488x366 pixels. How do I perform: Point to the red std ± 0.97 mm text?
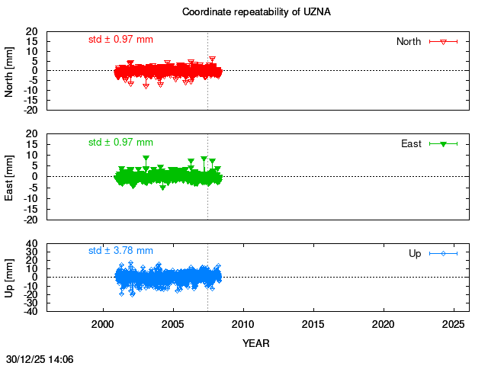click(x=120, y=39)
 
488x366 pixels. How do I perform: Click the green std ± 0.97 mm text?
click(x=120, y=142)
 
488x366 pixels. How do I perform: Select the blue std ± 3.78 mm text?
click(x=120, y=250)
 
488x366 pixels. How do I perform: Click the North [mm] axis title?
click(x=10, y=71)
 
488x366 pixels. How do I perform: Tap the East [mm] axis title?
click(x=10, y=176)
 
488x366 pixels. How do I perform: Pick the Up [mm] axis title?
click(x=10, y=277)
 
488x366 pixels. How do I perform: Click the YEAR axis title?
click(x=256, y=343)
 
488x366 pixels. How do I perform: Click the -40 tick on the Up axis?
click(x=31, y=312)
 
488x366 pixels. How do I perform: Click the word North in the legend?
click(x=409, y=41)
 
